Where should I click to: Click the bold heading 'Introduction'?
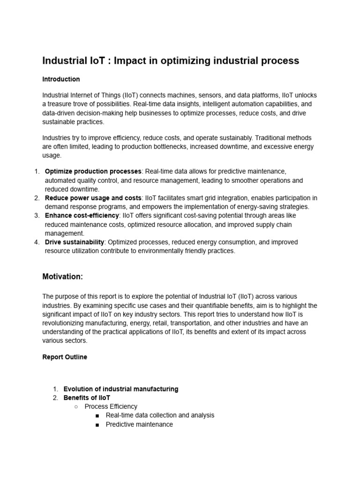[x=61, y=79]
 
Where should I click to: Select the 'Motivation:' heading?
[x=62, y=277]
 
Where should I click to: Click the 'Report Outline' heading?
[x=65, y=357]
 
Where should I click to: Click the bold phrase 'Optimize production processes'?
[x=93, y=172]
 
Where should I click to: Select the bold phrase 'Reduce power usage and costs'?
[x=93, y=198]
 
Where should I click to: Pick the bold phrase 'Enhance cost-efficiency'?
[x=82, y=216]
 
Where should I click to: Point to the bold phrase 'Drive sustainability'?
[x=74, y=242]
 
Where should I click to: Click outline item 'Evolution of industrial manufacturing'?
[x=121, y=389]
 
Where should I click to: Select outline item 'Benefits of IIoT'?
[x=87, y=398]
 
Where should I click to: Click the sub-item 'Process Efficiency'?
[x=111, y=407]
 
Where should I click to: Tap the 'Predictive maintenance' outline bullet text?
[x=139, y=424]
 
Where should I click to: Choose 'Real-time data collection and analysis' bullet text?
[x=160, y=415]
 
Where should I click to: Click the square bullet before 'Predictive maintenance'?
[x=97, y=425]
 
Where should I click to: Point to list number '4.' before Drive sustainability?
[x=37, y=242]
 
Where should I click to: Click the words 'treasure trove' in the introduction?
[x=67, y=104]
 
